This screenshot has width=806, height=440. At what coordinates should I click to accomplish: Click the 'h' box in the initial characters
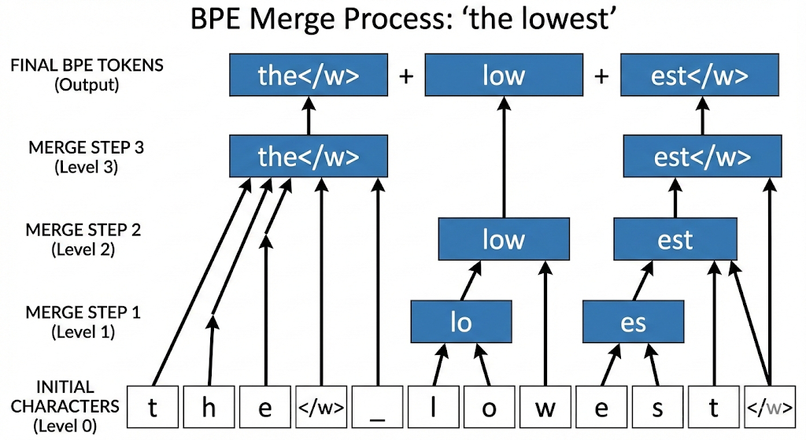tap(209, 408)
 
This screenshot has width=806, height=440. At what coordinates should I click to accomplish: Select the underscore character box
tap(378, 408)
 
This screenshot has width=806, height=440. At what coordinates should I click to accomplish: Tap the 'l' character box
tap(434, 408)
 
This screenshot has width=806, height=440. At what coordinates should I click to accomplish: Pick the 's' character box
tap(657, 408)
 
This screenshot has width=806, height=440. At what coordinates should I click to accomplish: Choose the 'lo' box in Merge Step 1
tap(461, 321)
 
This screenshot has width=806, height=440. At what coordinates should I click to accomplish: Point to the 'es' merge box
tap(633, 321)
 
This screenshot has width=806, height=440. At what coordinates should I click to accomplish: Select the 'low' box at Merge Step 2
tap(503, 238)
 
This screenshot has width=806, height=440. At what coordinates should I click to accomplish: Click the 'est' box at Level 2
tap(675, 238)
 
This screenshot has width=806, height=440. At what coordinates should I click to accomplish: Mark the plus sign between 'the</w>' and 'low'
tap(406, 76)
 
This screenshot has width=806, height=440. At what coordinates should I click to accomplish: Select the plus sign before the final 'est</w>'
tap(602, 76)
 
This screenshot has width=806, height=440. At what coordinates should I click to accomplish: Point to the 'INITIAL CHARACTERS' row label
tap(65, 406)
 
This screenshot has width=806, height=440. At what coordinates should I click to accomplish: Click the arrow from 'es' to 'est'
tap(645, 280)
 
